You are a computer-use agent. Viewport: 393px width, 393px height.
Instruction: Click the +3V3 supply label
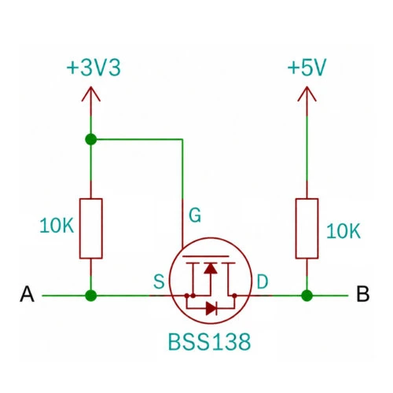pos(94,68)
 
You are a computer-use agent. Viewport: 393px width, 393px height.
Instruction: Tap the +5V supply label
pos(307,68)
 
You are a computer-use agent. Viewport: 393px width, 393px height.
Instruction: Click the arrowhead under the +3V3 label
pos(91,94)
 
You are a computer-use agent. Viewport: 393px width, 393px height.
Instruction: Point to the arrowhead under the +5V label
pos(307,94)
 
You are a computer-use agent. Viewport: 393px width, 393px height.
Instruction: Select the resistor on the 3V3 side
pos(91,229)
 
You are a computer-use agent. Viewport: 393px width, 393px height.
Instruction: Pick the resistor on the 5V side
pos(307,229)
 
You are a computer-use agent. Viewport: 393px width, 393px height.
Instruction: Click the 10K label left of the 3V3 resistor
pos(57,226)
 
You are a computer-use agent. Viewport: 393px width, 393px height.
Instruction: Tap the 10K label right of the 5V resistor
pos(343,231)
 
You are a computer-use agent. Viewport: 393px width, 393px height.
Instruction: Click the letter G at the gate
pos(195,215)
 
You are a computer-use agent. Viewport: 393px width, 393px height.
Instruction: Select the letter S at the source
pos(159,281)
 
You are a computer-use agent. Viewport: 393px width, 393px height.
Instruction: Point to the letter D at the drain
pos(263,281)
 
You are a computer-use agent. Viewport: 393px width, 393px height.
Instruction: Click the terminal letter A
pos(27,294)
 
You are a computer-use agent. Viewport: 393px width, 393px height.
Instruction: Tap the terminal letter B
pos(363,294)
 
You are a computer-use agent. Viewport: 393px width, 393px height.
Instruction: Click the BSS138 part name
pos(209,342)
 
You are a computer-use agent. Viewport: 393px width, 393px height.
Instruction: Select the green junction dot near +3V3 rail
pos(91,139)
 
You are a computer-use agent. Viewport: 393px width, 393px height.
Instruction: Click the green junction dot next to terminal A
pos(91,296)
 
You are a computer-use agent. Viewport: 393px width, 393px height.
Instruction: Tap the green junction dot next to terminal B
pos(307,296)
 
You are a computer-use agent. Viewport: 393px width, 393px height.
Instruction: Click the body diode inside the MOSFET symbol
pos(211,309)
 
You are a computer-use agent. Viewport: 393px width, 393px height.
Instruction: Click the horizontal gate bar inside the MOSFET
pos(205,256)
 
